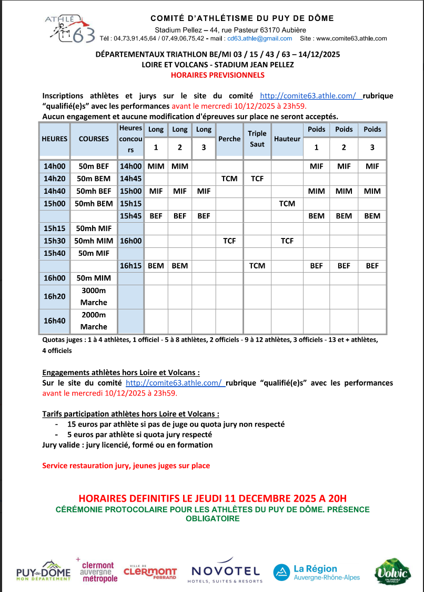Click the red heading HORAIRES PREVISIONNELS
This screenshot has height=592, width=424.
[x=217, y=75]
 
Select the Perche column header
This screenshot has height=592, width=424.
[x=229, y=139]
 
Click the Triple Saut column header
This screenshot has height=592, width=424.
[x=257, y=139]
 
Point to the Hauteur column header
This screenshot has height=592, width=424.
[x=287, y=139]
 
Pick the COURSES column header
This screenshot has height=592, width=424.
[x=94, y=139]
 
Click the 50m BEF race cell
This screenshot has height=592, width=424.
[x=94, y=167]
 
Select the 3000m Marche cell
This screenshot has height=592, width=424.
[x=94, y=296]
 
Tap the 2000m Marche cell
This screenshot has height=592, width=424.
[x=94, y=320]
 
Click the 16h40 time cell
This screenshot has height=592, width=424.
[x=55, y=320]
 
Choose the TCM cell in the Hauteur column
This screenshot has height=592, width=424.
[x=287, y=203]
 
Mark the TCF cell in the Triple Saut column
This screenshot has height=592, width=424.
[x=257, y=179]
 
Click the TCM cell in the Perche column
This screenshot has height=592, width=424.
[x=229, y=179]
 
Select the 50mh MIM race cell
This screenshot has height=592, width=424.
[x=94, y=241]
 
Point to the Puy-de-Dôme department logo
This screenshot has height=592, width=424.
[x=43, y=572]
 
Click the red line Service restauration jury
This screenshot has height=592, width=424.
[x=126, y=465]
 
